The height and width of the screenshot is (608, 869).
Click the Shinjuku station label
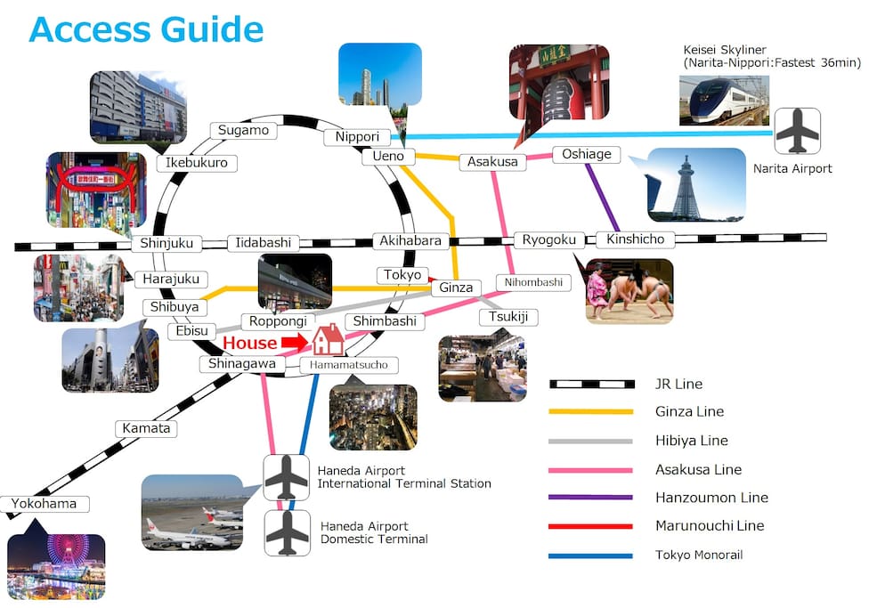tap(166, 243)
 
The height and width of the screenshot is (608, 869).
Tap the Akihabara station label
tap(410, 241)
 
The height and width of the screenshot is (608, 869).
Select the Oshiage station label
tap(587, 154)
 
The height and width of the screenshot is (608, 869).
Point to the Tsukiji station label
tap(508, 317)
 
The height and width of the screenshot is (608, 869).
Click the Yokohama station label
tap(45, 504)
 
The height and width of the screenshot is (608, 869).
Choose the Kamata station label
tap(146, 428)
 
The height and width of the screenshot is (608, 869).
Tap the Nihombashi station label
tap(533, 283)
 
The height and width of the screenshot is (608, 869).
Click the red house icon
tap(328, 339)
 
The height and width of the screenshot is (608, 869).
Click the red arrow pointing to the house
tap(296, 342)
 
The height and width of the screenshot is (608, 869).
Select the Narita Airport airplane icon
tap(797, 131)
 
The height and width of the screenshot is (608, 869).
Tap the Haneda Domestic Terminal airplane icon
tap(287, 533)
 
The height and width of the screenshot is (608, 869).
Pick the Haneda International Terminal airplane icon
tap(287, 478)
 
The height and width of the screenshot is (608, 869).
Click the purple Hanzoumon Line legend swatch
tap(590, 497)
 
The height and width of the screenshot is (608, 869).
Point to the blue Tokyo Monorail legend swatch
tap(590, 555)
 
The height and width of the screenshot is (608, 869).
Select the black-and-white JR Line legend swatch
tap(592, 384)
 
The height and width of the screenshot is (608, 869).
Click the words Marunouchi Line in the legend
tap(710, 525)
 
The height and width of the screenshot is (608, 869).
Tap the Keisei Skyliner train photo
tap(725, 101)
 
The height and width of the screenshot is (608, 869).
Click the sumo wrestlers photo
tap(629, 291)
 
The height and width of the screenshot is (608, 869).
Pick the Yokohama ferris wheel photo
tap(56, 566)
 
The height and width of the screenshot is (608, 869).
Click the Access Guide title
tap(146, 29)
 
